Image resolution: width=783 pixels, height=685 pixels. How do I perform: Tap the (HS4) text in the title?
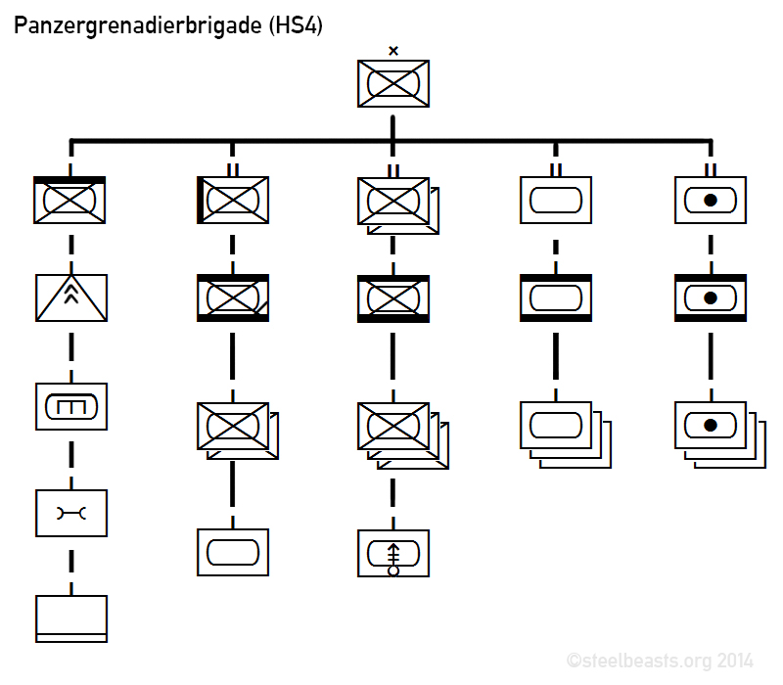[x=295, y=26]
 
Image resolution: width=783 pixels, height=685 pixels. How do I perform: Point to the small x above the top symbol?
[x=393, y=51]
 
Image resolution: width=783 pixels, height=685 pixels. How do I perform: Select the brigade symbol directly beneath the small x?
[x=393, y=84]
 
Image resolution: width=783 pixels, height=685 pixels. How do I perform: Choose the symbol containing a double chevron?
[x=71, y=298]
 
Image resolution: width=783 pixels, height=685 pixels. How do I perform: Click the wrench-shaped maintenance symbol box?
[x=71, y=513]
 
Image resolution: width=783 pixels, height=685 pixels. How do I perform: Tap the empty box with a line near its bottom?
[x=71, y=618]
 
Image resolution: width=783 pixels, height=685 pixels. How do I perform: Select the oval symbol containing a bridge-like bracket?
[x=71, y=406]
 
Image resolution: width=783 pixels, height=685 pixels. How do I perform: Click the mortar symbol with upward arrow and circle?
[x=393, y=553]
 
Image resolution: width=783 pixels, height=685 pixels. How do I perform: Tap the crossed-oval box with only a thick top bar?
[x=69, y=201]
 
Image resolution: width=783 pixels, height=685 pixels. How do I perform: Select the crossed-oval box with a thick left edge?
[x=233, y=201]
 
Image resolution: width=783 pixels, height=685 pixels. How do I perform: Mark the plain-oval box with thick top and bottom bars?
[x=555, y=298]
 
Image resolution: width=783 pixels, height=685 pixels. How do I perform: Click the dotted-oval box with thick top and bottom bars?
[x=711, y=298]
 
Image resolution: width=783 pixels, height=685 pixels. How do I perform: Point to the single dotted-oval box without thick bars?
[x=711, y=201]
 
